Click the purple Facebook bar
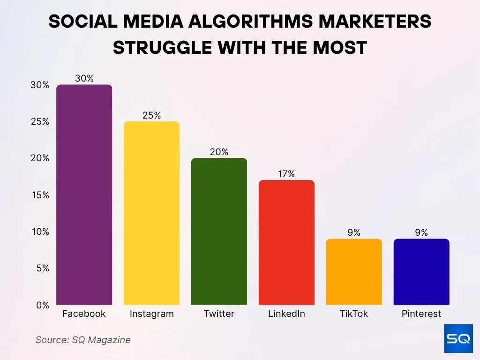[84, 195]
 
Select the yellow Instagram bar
[151, 213]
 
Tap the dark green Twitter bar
[219, 231]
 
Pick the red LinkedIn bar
[286, 242]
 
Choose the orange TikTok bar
[354, 272]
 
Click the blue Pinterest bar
[421, 272]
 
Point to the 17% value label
[286, 174]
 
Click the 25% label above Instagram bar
[151, 115]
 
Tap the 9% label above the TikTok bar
[354, 232]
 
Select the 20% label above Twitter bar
[219, 152]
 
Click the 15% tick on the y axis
[39, 195]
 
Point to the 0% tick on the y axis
[42, 305]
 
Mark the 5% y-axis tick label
[42, 269]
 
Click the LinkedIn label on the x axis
[286, 314]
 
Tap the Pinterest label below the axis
[421, 314]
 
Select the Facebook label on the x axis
[84, 314]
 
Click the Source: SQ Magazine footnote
[83, 340]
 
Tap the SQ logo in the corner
[458, 338]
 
